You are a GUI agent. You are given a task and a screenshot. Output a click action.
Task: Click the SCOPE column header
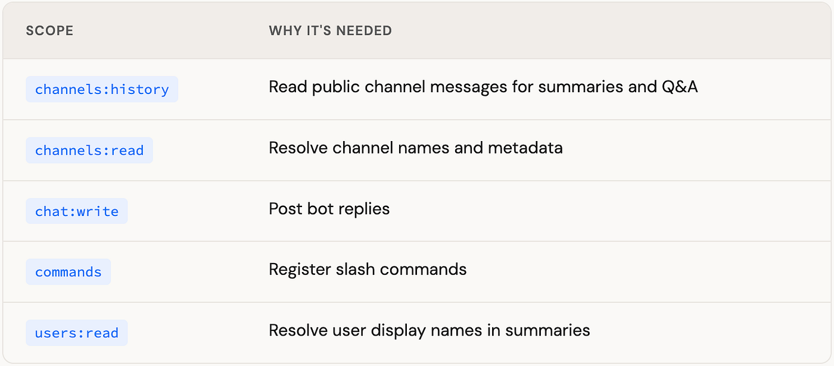pos(49,30)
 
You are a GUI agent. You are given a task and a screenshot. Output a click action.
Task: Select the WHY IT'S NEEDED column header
pos(330,30)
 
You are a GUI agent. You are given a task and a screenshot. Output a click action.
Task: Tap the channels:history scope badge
pos(102,89)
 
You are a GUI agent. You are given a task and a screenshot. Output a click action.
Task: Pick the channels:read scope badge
pos(89,150)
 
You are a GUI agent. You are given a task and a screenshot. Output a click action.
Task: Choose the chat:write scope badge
pos(77,211)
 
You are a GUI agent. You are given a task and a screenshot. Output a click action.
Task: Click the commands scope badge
pos(68,272)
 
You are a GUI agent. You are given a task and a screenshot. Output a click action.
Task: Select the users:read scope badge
pos(77,333)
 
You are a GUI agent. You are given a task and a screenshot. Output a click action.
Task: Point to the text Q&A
pos(680,87)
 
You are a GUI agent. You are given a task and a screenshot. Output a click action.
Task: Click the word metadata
pos(525,148)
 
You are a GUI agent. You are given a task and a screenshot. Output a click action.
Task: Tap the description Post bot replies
pos(329,209)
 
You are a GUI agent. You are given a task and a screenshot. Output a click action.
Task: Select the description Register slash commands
pos(368,270)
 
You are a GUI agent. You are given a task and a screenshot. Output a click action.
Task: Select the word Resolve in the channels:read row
pos(298,148)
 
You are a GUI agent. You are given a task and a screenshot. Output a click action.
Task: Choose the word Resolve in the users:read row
pos(298,331)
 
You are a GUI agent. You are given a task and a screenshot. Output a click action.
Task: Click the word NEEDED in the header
pos(364,30)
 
